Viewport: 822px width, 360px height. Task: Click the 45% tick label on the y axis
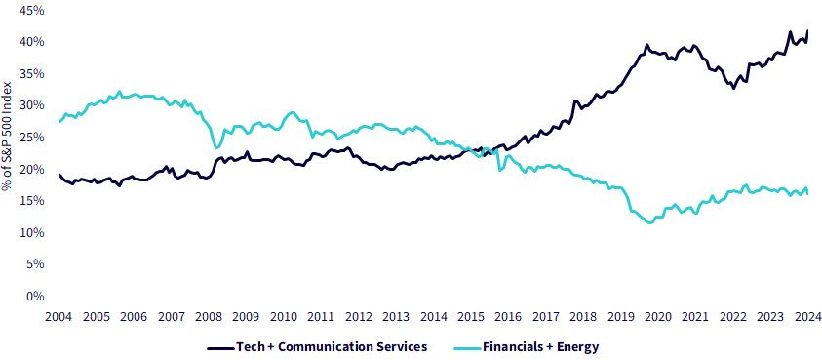(31, 10)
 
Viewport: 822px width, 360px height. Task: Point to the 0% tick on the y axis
(34, 297)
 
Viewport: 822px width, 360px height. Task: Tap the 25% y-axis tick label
(31, 138)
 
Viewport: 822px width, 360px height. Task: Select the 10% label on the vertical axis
(31, 233)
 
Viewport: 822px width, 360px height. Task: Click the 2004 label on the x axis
(59, 316)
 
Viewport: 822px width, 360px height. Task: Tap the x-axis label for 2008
(209, 316)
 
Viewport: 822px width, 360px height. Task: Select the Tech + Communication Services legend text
(332, 347)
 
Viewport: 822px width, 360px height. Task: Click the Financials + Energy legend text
(540, 347)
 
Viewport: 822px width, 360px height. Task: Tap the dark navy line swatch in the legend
(220, 347)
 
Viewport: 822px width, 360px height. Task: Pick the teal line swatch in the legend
(466, 347)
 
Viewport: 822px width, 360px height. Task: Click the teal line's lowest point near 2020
(650, 222)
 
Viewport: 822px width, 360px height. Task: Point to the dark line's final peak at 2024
(807, 30)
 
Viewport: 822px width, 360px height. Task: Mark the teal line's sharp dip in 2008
(216, 147)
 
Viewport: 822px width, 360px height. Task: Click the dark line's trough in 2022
(733, 88)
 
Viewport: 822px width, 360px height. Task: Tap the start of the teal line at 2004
(59, 122)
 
